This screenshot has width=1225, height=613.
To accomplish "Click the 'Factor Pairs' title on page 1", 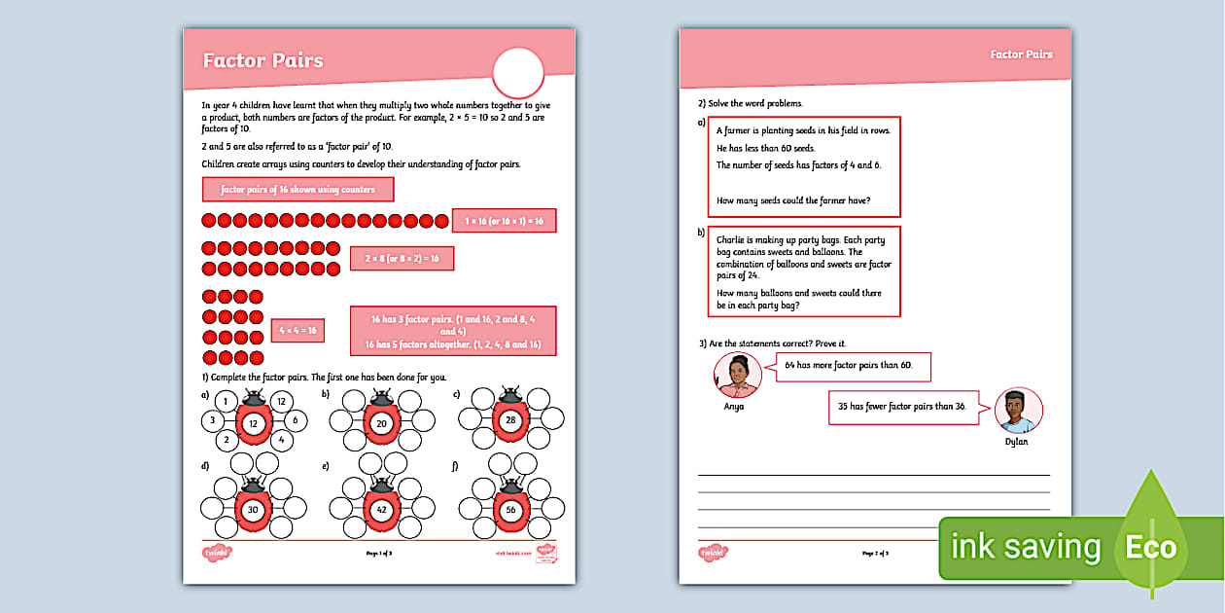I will [262, 60].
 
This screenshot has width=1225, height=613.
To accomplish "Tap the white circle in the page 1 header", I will [518, 73].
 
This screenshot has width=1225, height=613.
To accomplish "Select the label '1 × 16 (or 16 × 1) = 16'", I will [504, 221].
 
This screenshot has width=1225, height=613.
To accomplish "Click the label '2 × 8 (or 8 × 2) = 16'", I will [402, 258].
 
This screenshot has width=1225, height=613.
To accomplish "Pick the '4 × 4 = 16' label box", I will [297, 331].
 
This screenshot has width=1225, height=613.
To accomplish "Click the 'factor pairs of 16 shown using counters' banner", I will [297, 189].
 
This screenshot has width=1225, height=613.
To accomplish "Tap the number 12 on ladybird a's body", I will [252, 423].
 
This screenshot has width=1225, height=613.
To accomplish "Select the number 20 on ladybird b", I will [381, 423].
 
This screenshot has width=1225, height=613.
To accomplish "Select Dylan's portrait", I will [1018, 411].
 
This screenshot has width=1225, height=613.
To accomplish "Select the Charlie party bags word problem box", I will [802, 271].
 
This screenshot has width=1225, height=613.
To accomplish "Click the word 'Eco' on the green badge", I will [1150, 547].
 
